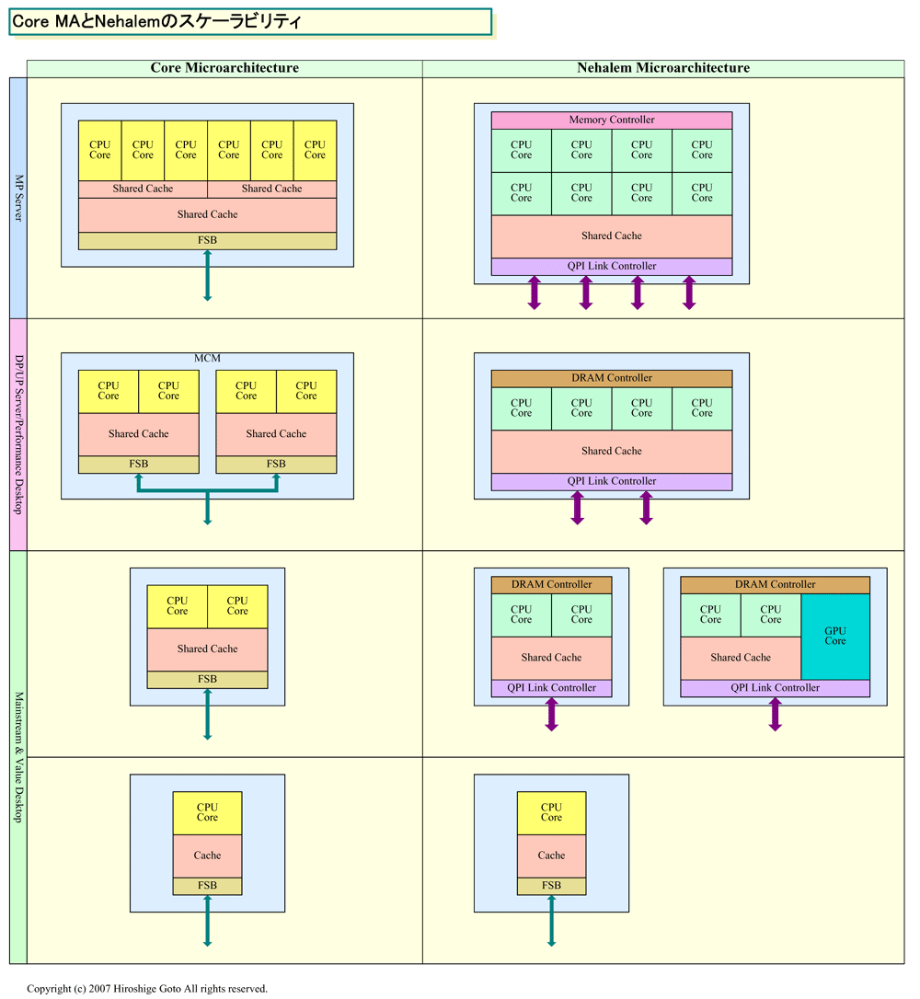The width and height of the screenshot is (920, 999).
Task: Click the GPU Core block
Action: (835, 636)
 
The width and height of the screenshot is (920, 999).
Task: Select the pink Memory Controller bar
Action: (611, 120)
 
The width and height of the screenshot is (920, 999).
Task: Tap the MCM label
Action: (207, 358)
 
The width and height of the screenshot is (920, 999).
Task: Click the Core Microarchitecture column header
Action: (224, 68)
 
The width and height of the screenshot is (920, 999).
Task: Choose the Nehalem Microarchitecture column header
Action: (662, 68)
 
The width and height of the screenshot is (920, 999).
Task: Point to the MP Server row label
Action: (18, 198)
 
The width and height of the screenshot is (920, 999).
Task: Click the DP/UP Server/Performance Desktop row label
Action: (18, 434)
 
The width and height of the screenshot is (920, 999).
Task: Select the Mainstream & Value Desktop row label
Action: (18, 757)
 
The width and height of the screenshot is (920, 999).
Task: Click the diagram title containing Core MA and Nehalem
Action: (156, 21)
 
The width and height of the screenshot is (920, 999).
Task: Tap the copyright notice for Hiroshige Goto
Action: (147, 989)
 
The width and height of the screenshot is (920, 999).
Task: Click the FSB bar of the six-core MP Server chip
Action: (207, 241)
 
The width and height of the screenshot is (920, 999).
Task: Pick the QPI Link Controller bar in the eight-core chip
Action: (611, 267)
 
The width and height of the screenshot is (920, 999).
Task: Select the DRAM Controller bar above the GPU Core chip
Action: (775, 585)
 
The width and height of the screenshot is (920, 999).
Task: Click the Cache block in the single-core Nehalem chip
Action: (551, 855)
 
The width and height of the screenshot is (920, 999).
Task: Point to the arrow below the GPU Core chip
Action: (775, 714)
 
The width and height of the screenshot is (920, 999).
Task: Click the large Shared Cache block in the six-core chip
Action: (207, 214)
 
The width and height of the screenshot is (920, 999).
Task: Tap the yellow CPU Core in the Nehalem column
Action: (551, 812)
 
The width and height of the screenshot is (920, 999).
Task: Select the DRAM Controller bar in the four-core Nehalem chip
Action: (611, 378)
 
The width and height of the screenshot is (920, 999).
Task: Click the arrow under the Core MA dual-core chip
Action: (207, 714)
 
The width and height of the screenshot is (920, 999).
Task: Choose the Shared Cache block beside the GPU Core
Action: (740, 658)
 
